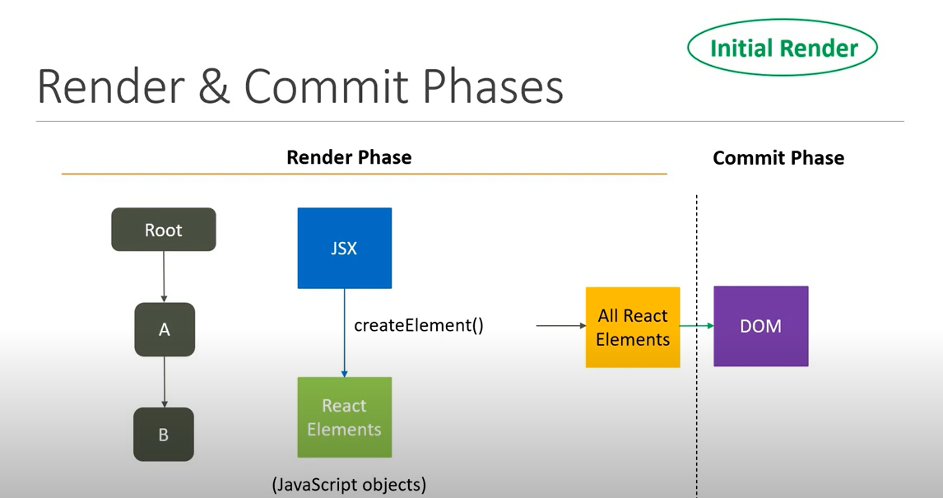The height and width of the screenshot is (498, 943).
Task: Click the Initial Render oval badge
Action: pos(782,48)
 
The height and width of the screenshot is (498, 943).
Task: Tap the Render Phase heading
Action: pos(349,157)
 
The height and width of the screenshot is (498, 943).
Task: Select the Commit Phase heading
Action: pos(778,158)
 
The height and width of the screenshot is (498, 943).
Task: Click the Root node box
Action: pos(164,230)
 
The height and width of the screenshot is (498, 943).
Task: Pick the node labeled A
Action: pos(165,329)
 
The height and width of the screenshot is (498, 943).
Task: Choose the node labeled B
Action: pos(164,434)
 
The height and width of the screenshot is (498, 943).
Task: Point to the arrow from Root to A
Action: pos(165,277)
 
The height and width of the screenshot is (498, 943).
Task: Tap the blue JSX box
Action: pos(344,248)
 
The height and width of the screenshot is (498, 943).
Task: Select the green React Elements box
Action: pos(344,417)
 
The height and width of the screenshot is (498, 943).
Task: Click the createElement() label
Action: pos(419,325)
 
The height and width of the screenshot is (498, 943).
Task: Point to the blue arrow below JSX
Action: pos(345,333)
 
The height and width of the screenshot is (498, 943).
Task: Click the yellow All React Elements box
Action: pos(632,327)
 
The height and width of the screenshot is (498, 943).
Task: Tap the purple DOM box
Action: pos(760,326)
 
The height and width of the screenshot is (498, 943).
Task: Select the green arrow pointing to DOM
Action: pos(696,326)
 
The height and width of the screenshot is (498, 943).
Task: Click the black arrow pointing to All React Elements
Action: pos(560,326)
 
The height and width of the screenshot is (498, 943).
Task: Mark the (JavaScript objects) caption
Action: pos(349,485)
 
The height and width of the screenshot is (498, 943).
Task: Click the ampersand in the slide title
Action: pos(214,86)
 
